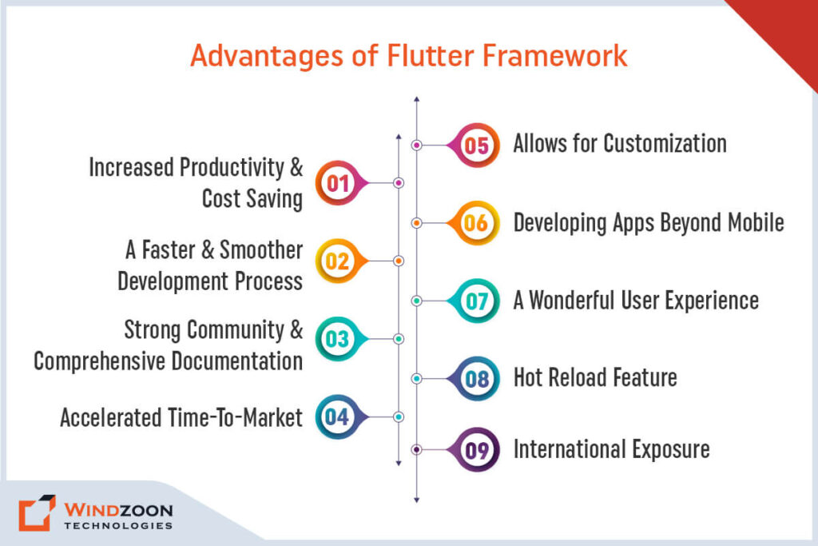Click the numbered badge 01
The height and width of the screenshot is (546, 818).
pos(337,183)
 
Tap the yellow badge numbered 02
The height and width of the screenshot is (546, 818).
pos(337,261)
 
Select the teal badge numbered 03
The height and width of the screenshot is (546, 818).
pos(337,339)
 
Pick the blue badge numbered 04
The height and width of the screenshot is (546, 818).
pos(337,416)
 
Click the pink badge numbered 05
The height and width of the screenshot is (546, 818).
pos(476,145)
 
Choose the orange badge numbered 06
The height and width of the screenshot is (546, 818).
pos(476,223)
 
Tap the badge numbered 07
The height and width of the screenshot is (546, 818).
pos(476,301)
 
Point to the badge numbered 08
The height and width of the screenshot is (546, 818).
pos(476,378)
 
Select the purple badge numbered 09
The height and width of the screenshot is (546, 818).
pos(476,450)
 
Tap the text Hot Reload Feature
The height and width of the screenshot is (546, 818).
pos(595,377)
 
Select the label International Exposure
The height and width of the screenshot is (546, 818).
pos(611,449)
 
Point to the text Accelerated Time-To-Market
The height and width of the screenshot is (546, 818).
pos(181,417)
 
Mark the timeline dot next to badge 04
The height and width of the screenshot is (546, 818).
pos(399,416)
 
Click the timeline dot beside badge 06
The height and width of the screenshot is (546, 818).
pos(416,223)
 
